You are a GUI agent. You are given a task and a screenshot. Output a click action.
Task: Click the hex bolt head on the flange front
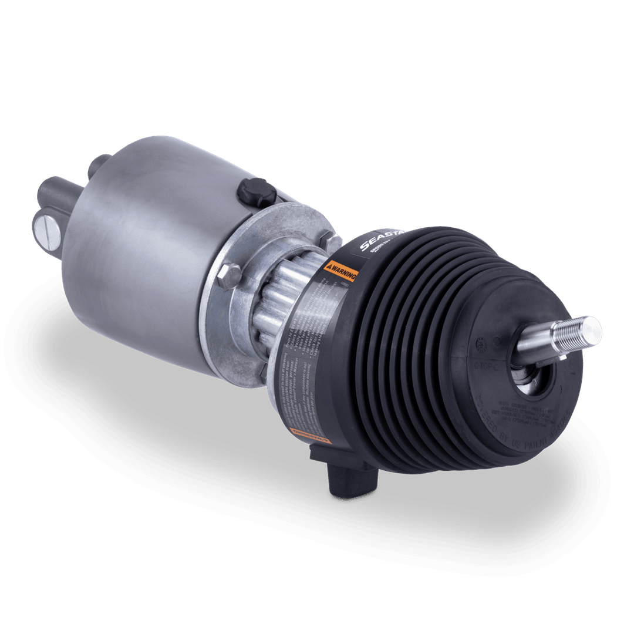228,275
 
